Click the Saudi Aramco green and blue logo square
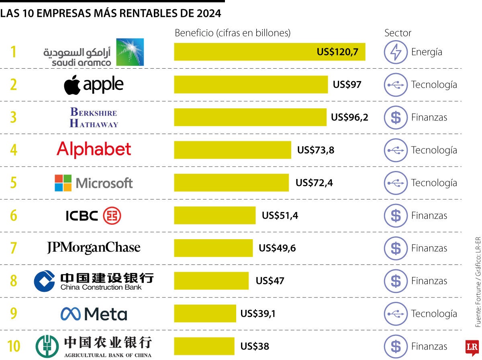click(x=130, y=52)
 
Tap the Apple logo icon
click(x=72, y=85)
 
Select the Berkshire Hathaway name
click(x=94, y=118)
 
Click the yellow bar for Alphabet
click(x=232, y=150)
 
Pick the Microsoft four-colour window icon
click(x=63, y=183)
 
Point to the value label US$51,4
click(x=280, y=216)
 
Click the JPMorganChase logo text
click(x=94, y=248)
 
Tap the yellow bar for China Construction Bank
click(x=211, y=281)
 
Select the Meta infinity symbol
click(x=70, y=314)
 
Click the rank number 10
click(x=14, y=346)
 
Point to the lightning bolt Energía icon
click(x=396, y=52)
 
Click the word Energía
click(x=427, y=52)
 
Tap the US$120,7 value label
click(x=337, y=52)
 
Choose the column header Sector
click(x=398, y=33)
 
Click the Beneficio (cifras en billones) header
click(x=232, y=33)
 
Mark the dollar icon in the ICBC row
click(x=396, y=216)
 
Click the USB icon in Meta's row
click(x=396, y=313)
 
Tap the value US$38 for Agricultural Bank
click(x=255, y=346)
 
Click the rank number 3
click(x=13, y=118)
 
